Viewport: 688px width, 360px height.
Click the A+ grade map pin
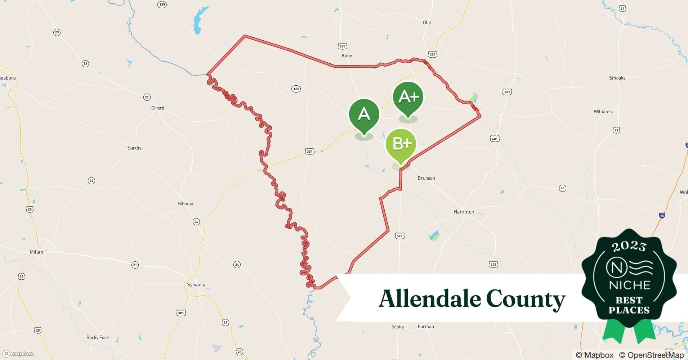point(408,97)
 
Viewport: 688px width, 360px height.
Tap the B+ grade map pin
point(401,144)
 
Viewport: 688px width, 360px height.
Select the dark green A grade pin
point(364,114)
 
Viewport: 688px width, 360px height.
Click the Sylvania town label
point(196,285)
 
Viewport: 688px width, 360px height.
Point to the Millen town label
point(36,252)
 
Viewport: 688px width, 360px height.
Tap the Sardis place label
point(134,148)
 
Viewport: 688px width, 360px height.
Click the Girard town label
point(157,108)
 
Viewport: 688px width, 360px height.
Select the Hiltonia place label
point(185,204)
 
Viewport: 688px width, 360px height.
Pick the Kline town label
point(347,56)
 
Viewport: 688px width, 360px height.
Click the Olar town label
point(427,23)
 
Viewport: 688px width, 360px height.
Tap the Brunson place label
point(426,178)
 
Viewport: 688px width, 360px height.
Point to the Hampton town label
point(464,212)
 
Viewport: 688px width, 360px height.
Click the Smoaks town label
point(617,78)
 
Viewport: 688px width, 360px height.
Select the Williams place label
point(603,112)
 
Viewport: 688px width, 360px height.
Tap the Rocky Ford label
point(97,338)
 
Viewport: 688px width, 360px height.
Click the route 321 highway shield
point(399,236)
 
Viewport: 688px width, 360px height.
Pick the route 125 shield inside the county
point(296,89)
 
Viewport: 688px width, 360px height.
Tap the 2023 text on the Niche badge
point(629,247)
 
